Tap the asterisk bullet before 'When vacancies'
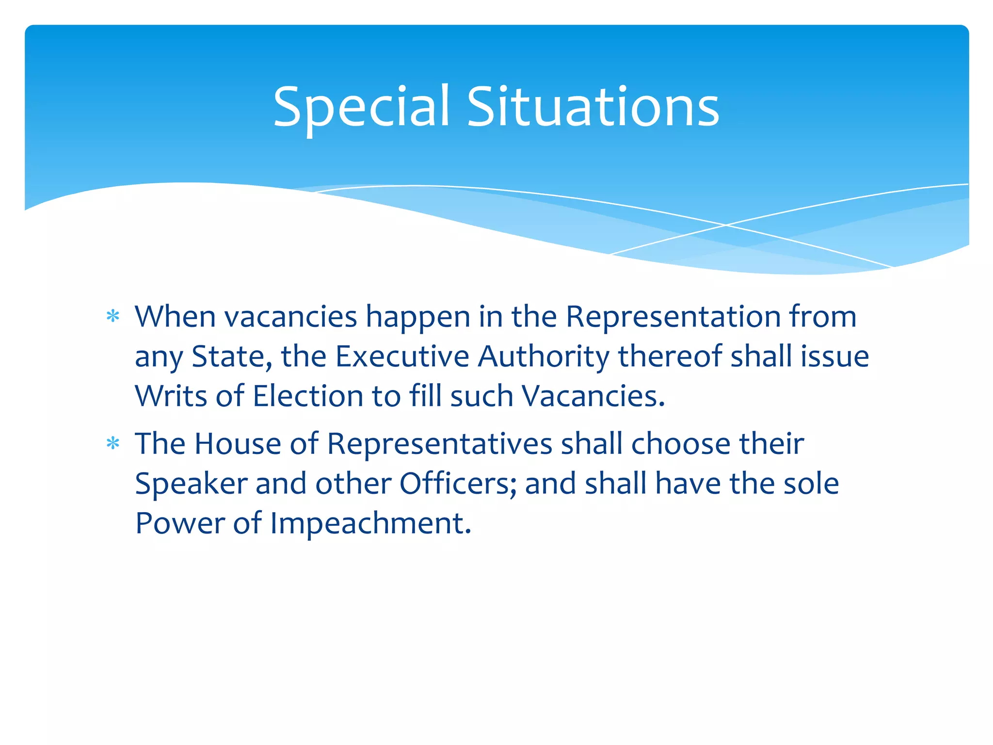pos(113,317)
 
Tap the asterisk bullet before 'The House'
pos(113,444)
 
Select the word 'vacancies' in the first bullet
pos(290,317)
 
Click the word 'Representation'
pos(673,318)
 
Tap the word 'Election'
pos(308,396)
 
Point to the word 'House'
pos(238,444)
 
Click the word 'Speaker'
pos(191,484)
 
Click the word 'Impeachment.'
pos(370,524)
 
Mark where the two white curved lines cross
pos(726,225)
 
